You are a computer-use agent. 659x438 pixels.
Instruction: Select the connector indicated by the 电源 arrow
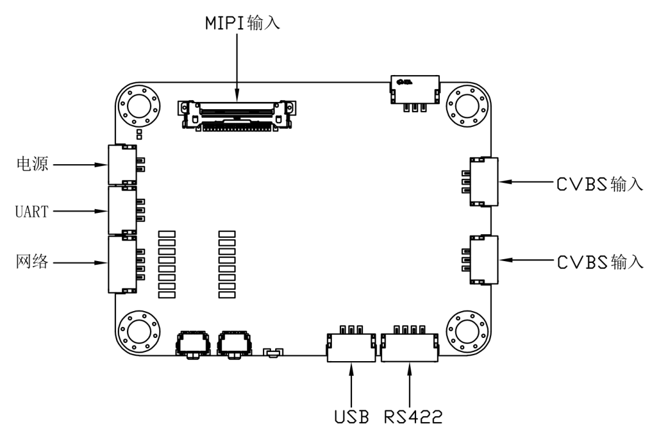click(x=122, y=165)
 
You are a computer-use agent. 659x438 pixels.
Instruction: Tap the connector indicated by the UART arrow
click(x=122, y=210)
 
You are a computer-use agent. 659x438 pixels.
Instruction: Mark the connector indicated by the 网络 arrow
click(x=122, y=264)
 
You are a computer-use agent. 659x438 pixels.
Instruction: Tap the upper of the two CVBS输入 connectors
click(x=484, y=182)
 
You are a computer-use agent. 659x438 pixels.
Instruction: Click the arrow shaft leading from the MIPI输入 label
click(x=238, y=61)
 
